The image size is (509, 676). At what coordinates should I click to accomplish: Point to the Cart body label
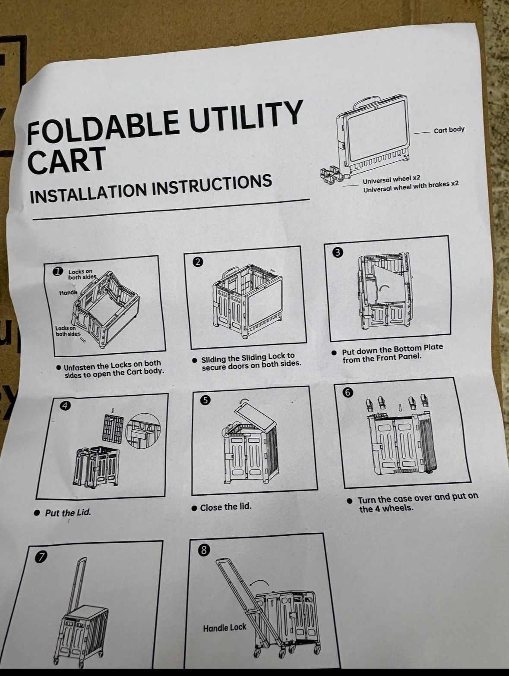[449, 130]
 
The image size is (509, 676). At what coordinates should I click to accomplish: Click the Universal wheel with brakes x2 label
[411, 187]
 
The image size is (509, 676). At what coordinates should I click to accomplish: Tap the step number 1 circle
[57, 272]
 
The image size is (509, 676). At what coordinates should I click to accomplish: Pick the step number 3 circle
[338, 252]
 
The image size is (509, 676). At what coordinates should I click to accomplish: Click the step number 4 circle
[65, 406]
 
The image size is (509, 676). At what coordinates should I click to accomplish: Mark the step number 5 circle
[205, 400]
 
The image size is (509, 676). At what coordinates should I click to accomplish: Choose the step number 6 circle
[348, 393]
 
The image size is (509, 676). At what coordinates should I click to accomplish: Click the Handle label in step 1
[68, 292]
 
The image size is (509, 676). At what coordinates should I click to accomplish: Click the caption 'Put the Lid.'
[68, 513]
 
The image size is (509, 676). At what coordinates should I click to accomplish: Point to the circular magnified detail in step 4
[143, 431]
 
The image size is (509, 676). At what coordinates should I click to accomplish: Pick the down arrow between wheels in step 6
[400, 407]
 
